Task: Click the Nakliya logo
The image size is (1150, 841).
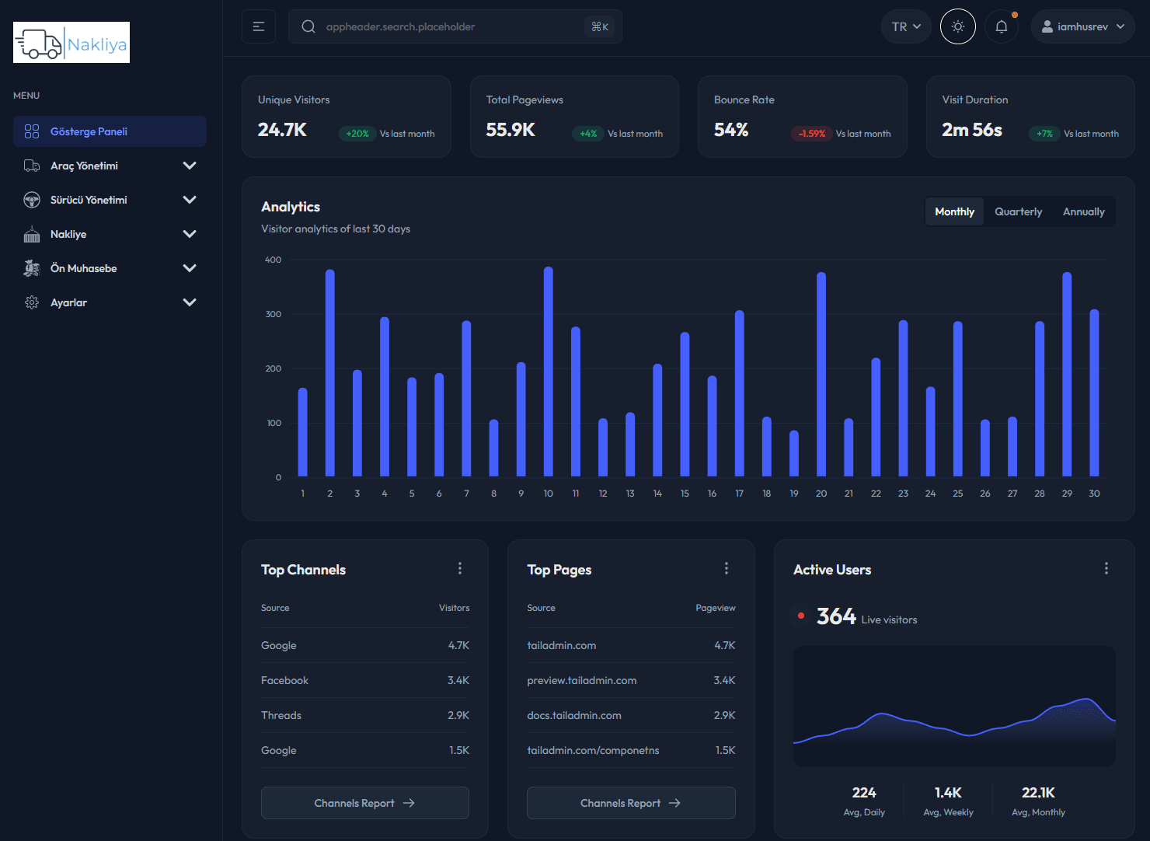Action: [71, 43]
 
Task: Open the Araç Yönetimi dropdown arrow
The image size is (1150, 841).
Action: [189, 166]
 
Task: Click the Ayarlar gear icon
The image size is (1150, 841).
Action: [32, 302]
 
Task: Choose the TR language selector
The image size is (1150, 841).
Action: [906, 26]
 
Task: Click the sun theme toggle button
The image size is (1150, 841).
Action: [957, 26]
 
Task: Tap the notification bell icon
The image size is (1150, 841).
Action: [1002, 26]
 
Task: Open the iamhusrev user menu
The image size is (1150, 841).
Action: [1082, 26]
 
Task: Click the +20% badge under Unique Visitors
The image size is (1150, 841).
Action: [357, 134]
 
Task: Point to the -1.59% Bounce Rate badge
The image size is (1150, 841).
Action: [811, 134]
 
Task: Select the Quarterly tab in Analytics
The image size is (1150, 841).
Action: [1018, 211]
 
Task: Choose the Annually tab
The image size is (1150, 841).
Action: [1083, 211]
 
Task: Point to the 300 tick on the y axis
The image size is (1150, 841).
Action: [274, 314]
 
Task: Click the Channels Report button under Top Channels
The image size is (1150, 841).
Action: [365, 803]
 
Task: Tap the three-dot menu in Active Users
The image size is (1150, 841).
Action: [1106, 569]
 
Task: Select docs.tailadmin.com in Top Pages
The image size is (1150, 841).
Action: [574, 715]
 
